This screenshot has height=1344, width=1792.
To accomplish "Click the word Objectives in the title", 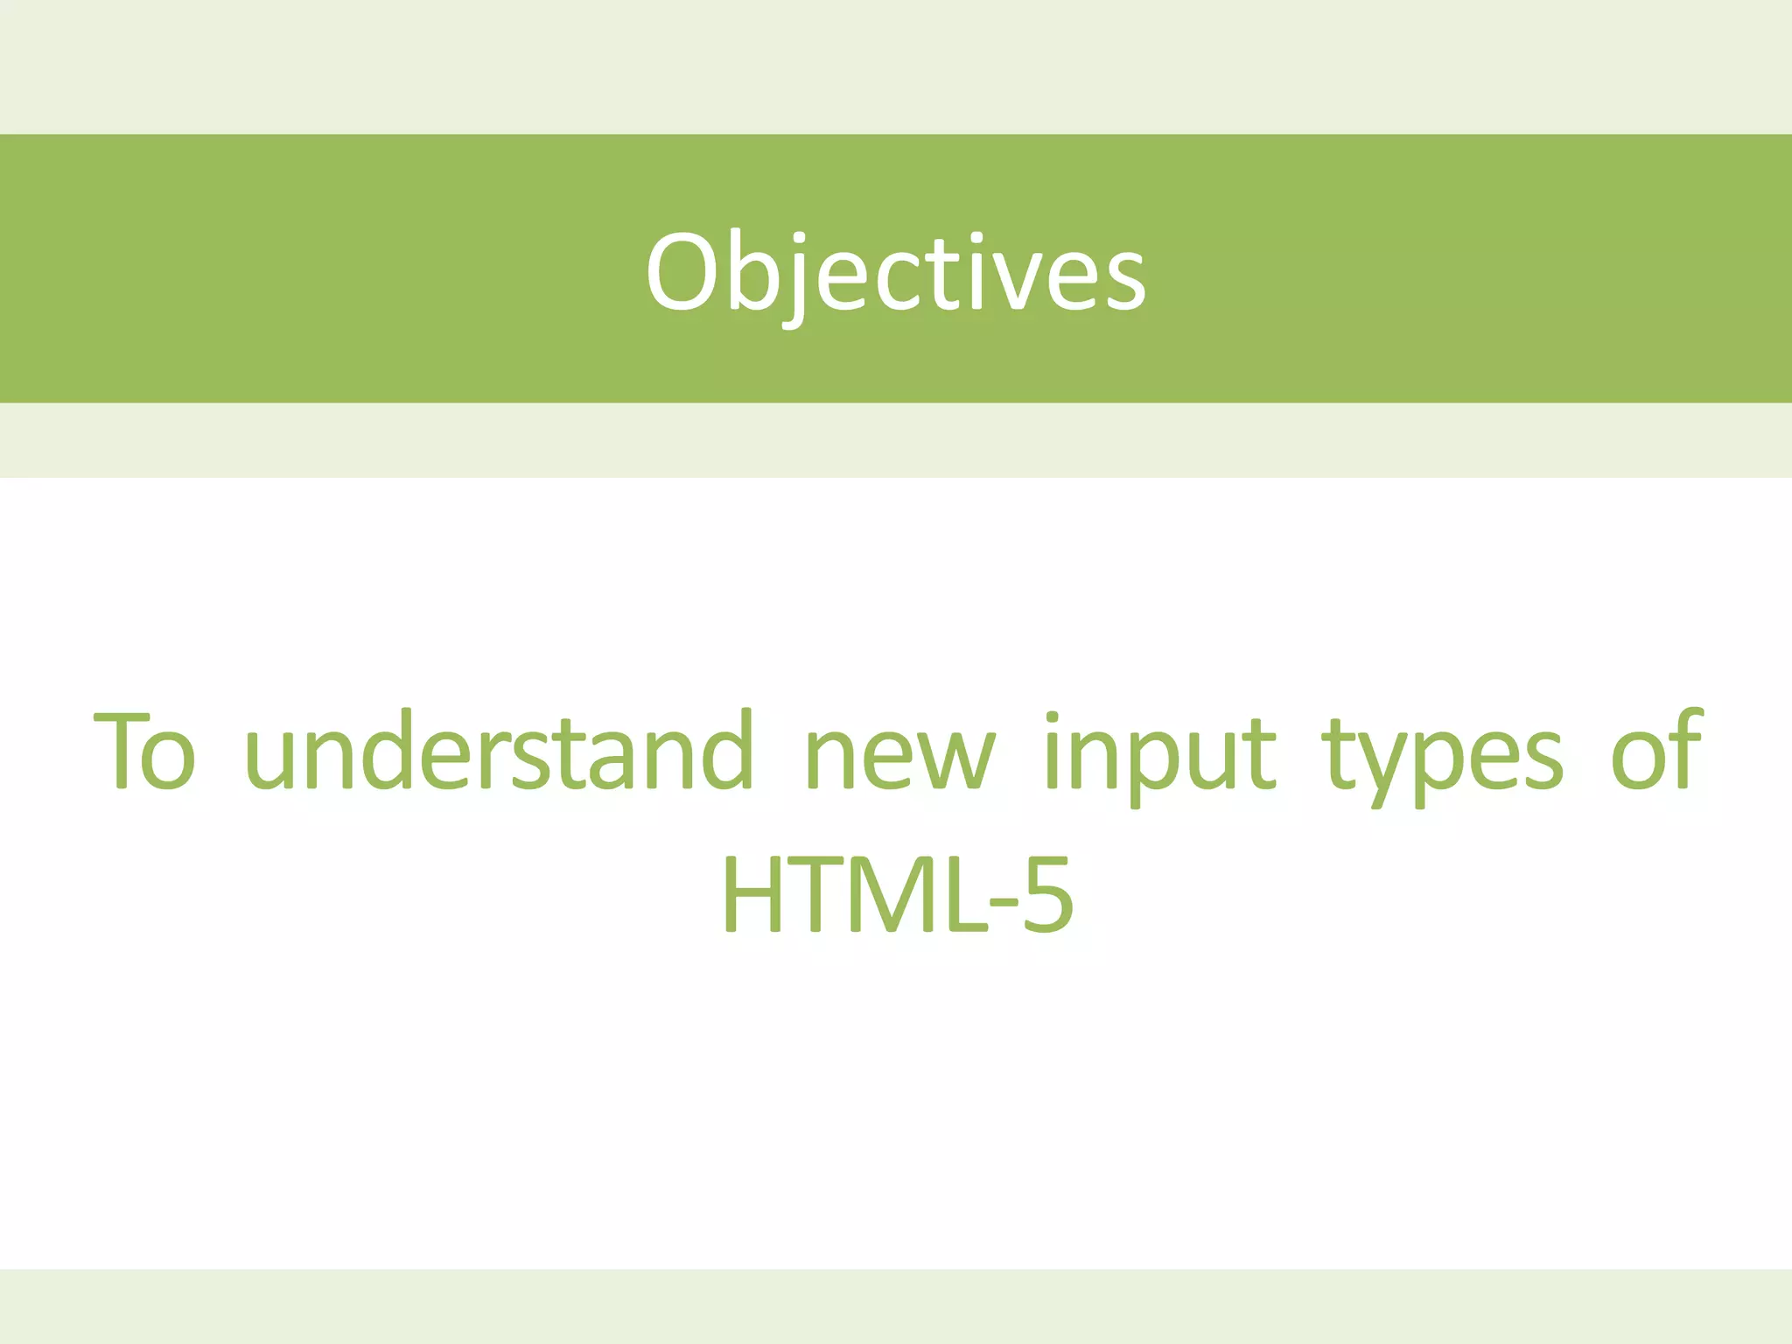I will [896, 273].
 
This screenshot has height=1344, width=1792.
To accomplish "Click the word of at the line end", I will [1657, 751].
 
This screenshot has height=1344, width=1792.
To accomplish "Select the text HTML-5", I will [898, 896].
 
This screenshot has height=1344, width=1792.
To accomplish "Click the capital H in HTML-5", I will [752, 896].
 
